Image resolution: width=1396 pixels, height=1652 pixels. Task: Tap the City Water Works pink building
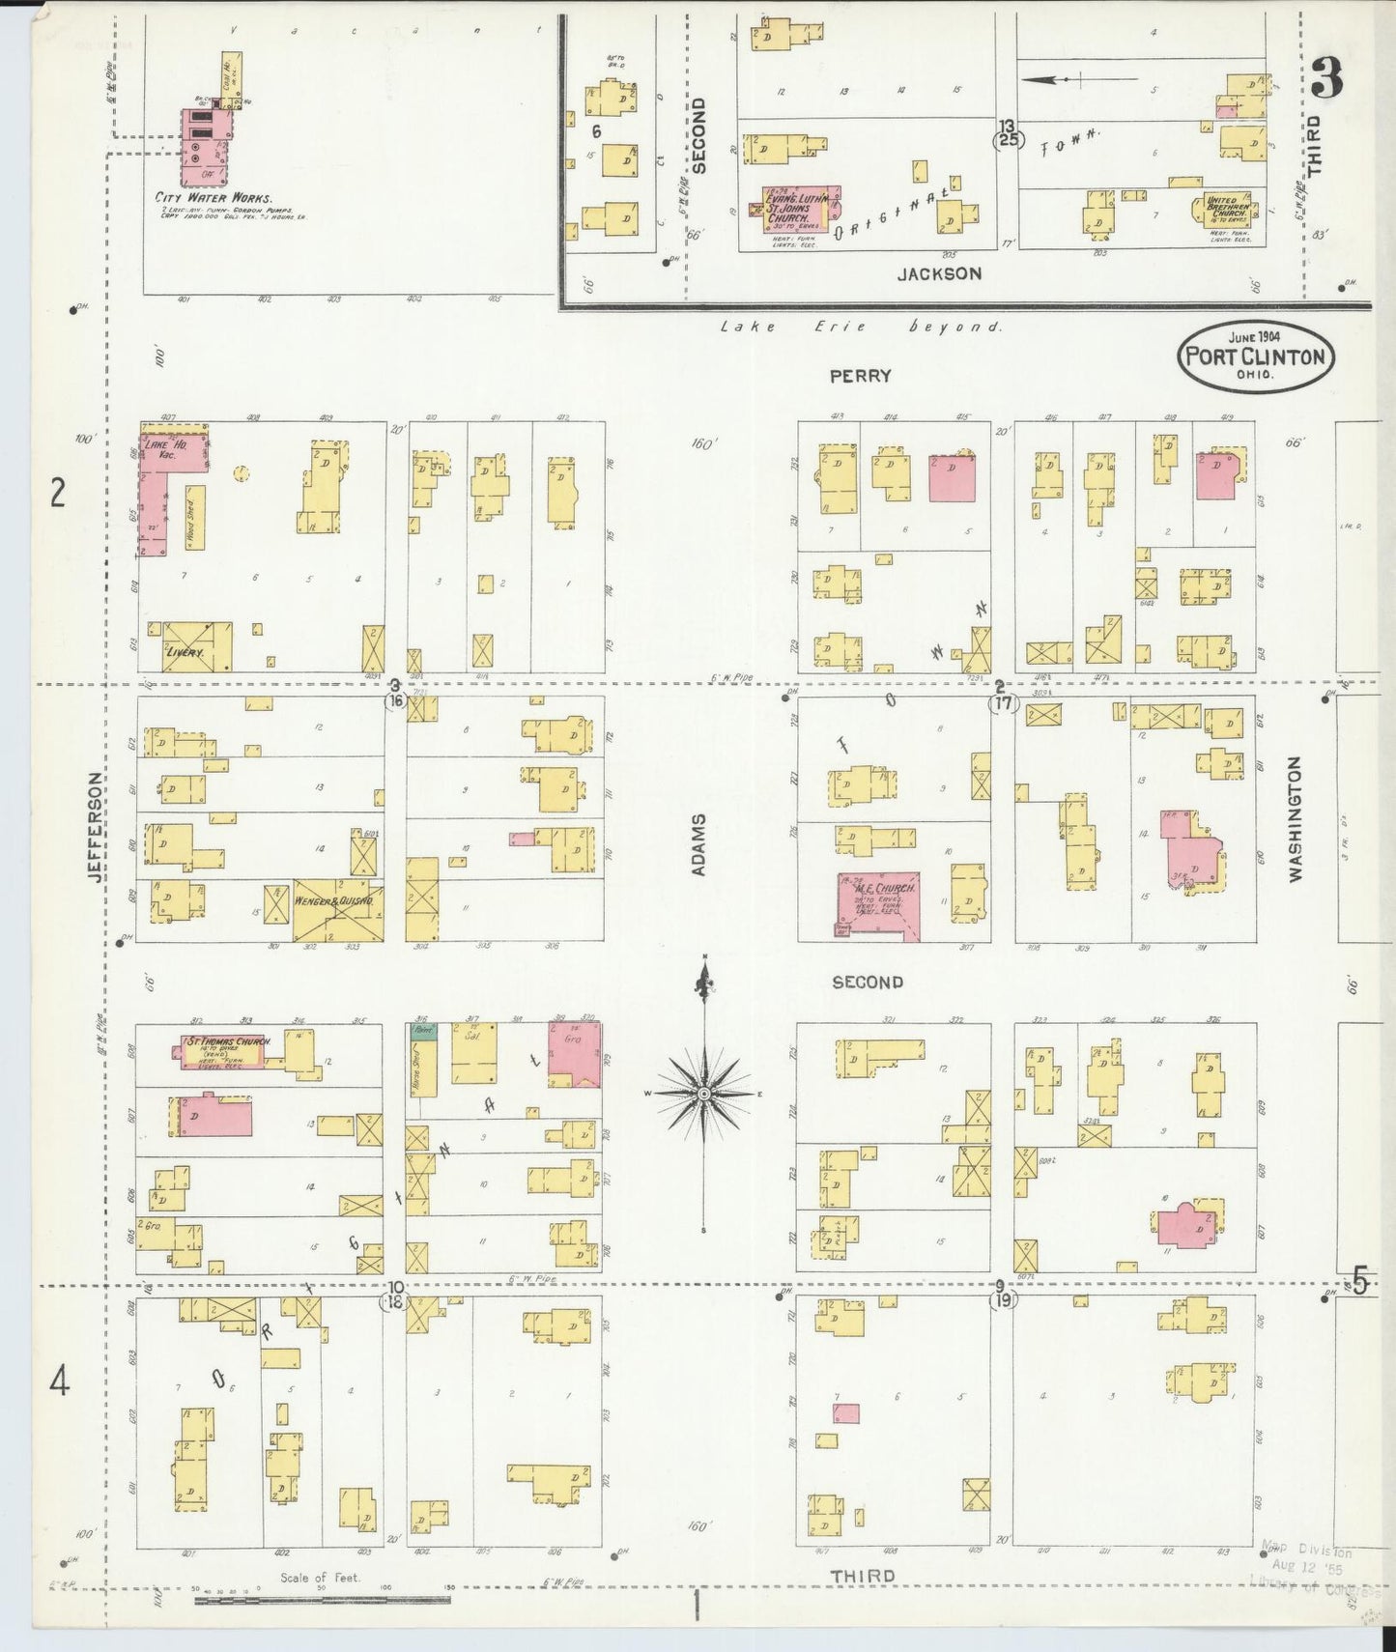click(x=206, y=147)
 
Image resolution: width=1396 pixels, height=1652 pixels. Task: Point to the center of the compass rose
click(x=705, y=1094)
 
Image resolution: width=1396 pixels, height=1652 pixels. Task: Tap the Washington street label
click(x=1295, y=818)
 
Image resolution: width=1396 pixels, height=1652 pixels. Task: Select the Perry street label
click(x=860, y=376)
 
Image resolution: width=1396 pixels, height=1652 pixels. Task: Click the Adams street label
click(x=699, y=844)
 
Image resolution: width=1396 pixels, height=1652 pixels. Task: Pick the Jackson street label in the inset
click(x=939, y=273)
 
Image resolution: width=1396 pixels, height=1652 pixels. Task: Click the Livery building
click(x=196, y=647)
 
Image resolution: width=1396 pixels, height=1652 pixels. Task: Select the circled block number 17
click(x=1003, y=704)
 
